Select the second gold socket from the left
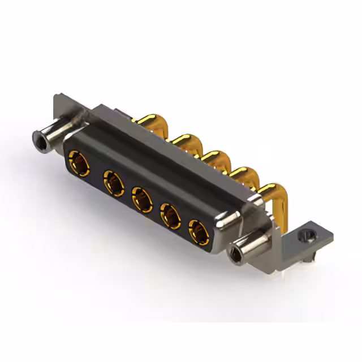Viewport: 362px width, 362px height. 113,184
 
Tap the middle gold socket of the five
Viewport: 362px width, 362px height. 141,199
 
